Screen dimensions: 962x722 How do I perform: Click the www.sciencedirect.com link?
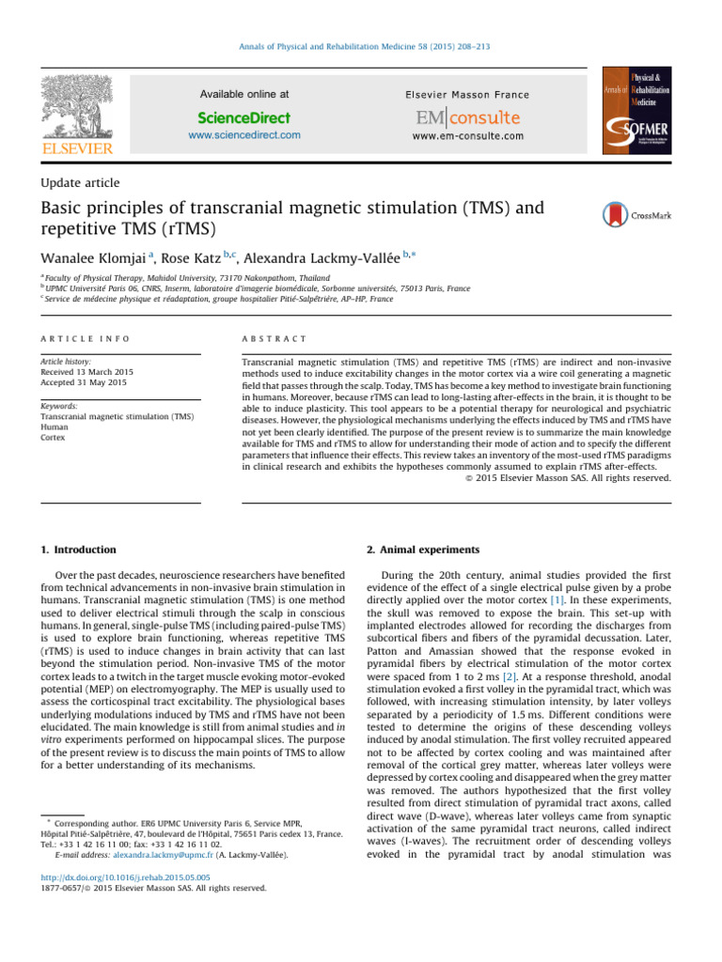click(244, 135)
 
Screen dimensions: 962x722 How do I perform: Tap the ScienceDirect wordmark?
click(244, 117)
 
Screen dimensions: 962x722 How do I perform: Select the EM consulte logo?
click(466, 117)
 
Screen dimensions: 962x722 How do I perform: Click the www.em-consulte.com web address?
click(467, 136)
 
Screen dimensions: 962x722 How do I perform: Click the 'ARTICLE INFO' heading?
click(85, 337)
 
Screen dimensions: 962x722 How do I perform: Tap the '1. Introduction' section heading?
click(83, 550)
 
